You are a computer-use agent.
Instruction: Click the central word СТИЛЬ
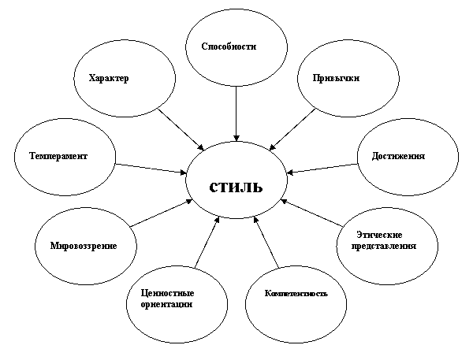point(236,187)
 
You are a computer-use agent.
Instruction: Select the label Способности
point(229,46)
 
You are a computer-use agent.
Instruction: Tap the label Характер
point(109,78)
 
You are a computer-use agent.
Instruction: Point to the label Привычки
point(336,78)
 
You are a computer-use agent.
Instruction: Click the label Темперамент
point(58,156)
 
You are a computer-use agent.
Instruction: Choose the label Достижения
point(398,156)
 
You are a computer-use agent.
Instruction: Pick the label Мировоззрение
point(84,246)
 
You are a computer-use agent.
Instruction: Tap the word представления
point(384,246)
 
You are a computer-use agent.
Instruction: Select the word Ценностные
point(167,293)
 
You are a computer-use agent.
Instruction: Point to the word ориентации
point(166,304)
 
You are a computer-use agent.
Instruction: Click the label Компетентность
point(296,293)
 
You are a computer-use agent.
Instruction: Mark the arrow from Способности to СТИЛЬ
point(236,113)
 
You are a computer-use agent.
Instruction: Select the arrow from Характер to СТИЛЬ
point(181,129)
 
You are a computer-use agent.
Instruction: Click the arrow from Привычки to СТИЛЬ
point(292,129)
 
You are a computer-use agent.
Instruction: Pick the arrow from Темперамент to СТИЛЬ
point(151,169)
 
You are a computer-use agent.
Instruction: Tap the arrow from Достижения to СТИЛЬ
point(322,169)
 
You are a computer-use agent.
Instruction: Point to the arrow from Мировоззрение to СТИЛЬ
point(161,213)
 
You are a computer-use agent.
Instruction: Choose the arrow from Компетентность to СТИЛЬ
point(266,242)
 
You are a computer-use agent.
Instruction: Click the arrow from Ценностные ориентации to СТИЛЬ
point(207,242)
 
